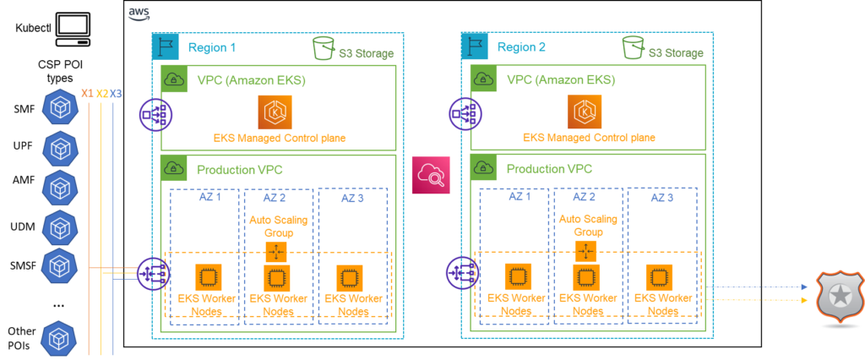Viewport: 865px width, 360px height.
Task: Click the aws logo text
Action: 139,13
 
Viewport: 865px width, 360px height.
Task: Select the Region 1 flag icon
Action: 166,47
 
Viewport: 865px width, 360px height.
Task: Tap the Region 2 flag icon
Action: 475,47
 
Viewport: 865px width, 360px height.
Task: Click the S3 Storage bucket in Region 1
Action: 324,48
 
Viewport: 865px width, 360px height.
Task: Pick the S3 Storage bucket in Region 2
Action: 633,48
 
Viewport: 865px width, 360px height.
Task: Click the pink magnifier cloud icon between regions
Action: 431,174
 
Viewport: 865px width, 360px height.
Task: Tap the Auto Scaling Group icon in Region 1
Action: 276,251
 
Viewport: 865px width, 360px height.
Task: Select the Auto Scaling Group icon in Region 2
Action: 585,251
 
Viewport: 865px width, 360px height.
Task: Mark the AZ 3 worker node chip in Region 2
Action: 660,277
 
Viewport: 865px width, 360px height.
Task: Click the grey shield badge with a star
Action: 840,297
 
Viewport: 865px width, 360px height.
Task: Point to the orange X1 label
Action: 87,93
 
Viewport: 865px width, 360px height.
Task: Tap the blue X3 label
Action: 117,93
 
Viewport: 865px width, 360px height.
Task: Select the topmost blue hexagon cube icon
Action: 60,108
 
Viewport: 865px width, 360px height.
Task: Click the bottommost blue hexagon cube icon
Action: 60,340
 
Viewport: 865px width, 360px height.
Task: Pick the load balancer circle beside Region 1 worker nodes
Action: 153,273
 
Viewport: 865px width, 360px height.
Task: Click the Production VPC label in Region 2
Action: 548,169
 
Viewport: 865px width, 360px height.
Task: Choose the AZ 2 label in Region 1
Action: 274,197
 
